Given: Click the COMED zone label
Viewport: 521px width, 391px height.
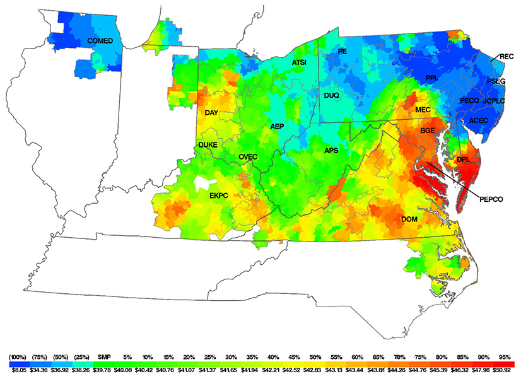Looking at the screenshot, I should click(100, 41).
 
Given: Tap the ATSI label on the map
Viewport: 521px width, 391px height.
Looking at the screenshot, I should click(299, 62).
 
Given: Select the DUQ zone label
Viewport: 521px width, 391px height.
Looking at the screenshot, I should click(332, 95).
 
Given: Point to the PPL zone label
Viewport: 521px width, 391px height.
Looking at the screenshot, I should click(431, 78).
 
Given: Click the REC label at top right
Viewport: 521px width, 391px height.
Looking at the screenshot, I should click(506, 56).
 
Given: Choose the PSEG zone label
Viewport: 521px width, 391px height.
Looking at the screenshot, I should click(496, 81).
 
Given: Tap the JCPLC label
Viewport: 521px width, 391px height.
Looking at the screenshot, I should click(496, 100).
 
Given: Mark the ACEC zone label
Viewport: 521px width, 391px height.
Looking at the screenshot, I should click(479, 120).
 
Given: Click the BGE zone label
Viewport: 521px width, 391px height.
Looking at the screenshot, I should click(428, 131).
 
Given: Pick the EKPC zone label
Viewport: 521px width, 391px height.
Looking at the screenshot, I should click(219, 196).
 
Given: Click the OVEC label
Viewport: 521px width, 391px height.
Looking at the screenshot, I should click(249, 156).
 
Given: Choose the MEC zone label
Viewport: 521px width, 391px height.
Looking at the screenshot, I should click(423, 110).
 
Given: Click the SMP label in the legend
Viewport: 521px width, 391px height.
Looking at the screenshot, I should click(104, 357).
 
